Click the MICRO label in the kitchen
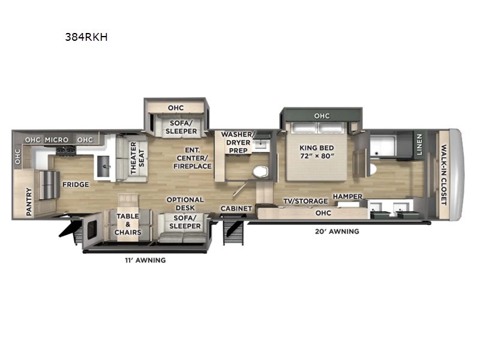[x=56, y=140]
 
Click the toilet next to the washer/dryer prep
[x=260, y=171]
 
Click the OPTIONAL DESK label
[x=185, y=204]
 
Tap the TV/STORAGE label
[x=305, y=201]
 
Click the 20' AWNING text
[x=336, y=231]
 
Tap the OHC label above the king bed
[x=322, y=116]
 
